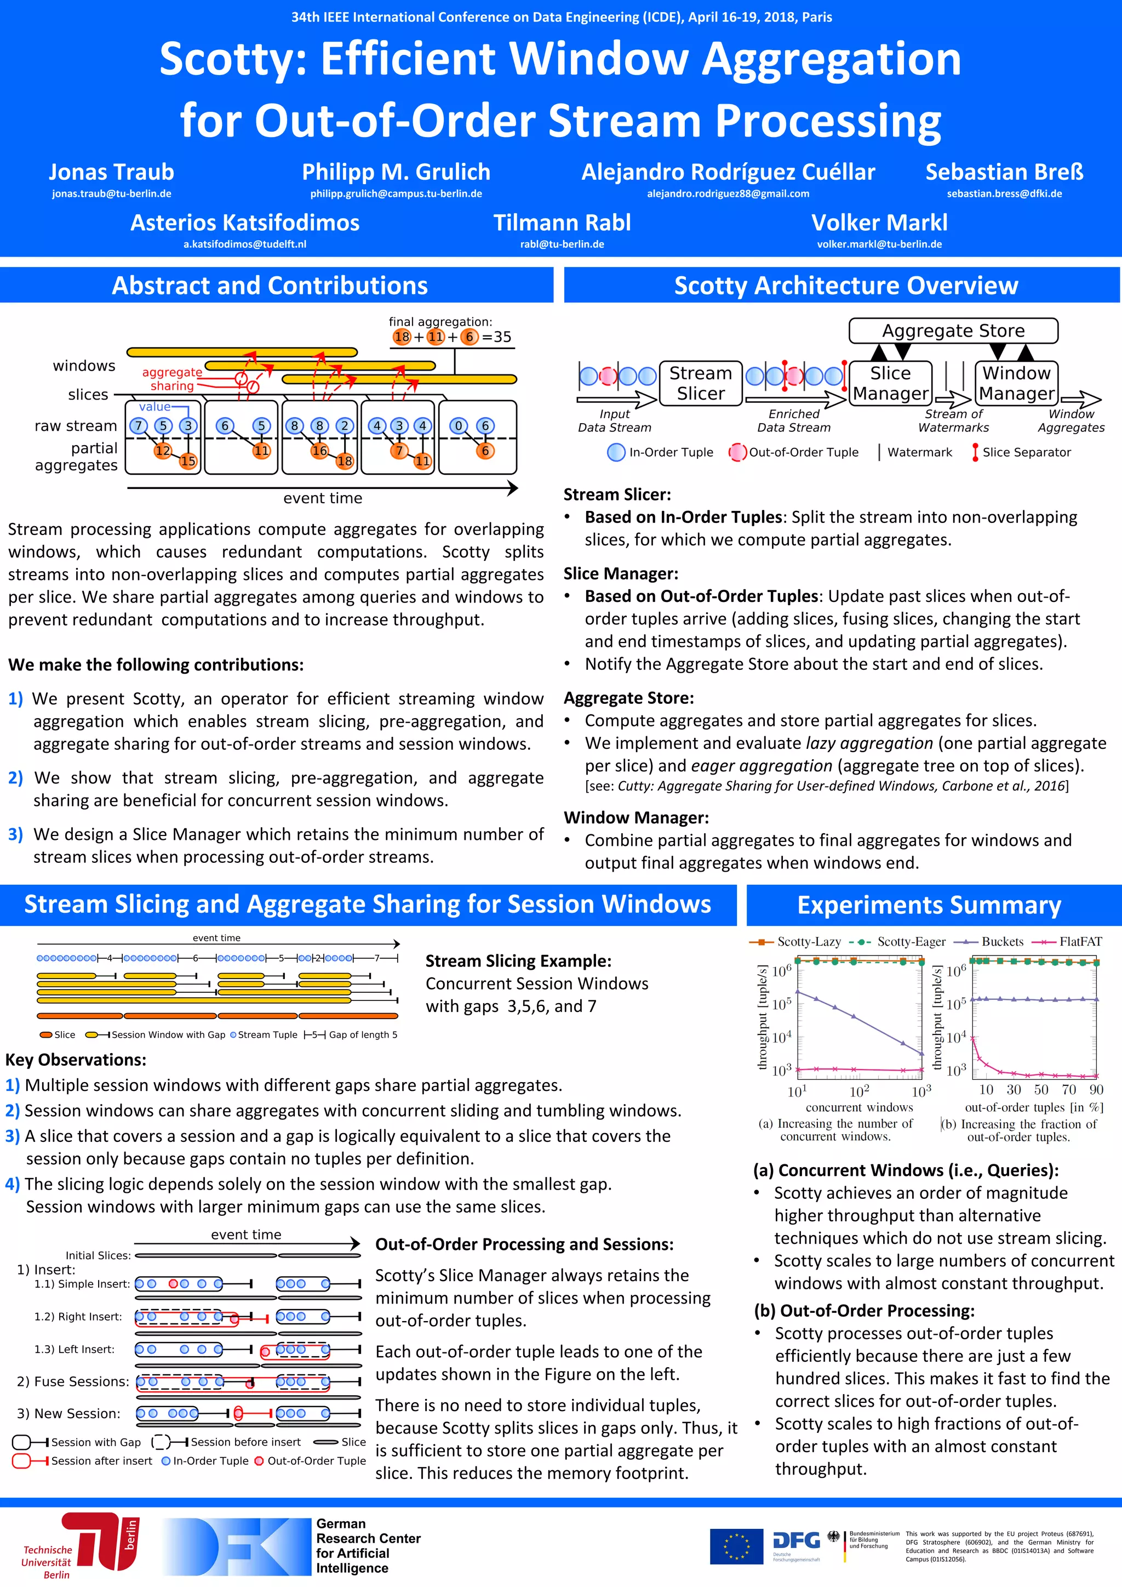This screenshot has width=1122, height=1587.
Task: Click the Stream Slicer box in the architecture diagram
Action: (701, 383)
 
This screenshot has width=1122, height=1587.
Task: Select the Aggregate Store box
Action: (953, 331)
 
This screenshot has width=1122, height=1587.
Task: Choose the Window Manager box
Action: (1016, 383)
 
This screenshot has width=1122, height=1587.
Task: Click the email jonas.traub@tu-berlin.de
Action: (111, 194)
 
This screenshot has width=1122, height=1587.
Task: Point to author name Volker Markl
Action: (879, 223)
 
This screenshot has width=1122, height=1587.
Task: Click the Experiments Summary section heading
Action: (929, 905)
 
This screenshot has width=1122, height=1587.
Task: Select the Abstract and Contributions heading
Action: (270, 286)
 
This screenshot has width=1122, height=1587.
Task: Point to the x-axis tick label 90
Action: (1096, 1090)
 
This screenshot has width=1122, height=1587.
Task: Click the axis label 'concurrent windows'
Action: (859, 1107)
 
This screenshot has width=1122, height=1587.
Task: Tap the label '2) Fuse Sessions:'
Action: (72, 1381)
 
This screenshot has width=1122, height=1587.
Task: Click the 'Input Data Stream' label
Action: (614, 420)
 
